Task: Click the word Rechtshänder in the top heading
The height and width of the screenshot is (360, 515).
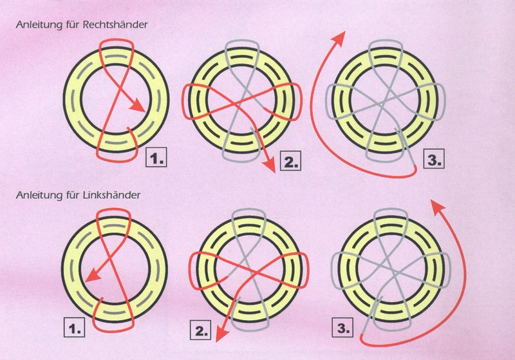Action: tap(115, 24)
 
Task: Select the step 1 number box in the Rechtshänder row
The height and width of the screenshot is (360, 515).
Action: tap(156, 157)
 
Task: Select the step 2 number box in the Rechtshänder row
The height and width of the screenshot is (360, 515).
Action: tap(291, 160)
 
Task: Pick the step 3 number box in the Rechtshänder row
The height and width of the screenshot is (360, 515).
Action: tap(434, 158)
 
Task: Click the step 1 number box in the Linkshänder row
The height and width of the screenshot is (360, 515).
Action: tap(74, 327)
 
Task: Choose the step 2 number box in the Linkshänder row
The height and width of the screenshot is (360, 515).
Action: tap(200, 330)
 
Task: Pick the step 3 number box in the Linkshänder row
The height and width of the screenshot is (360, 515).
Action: tap(342, 328)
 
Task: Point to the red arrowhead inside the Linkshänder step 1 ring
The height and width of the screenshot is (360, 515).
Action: tap(92, 274)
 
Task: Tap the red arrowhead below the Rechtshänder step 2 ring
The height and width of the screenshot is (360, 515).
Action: tap(270, 165)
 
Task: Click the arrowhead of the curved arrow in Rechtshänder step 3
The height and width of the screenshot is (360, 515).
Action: tap(339, 38)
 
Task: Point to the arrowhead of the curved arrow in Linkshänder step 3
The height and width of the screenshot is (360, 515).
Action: tap(437, 206)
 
